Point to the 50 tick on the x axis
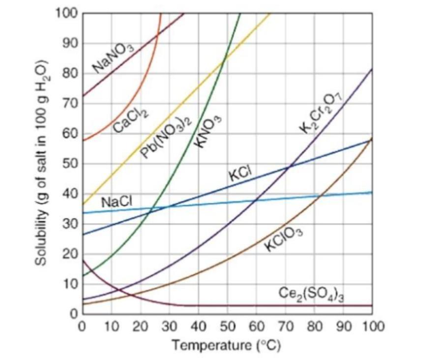click(x=227, y=326)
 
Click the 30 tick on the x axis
click(x=169, y=326)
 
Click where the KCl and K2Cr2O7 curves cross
click(x=289, y=167)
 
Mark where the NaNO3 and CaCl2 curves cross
click(x=156, y=34)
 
